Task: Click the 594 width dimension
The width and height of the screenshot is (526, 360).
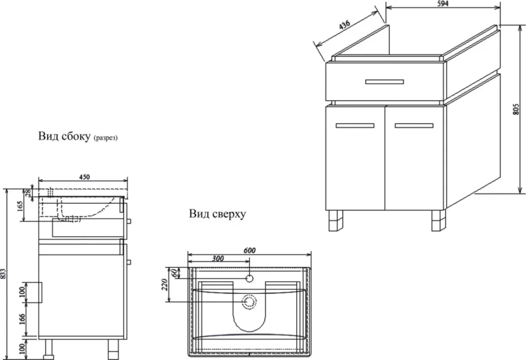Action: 443,4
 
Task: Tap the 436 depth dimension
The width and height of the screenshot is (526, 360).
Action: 344,25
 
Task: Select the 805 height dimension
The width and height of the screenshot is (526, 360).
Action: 516,110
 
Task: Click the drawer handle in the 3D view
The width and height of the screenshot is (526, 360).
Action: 384,81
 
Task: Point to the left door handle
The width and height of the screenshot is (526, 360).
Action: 355,125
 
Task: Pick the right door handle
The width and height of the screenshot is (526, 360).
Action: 414,125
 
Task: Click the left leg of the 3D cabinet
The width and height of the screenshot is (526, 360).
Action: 336,221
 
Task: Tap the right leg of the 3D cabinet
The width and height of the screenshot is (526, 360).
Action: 439,221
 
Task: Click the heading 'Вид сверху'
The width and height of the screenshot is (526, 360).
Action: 217,214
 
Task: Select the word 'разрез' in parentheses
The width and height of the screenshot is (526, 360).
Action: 106,138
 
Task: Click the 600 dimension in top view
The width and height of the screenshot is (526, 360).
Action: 249,250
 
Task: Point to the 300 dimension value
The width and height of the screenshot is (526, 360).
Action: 218,258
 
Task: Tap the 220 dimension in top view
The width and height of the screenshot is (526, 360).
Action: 164,285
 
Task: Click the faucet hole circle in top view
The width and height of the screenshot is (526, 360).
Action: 249,278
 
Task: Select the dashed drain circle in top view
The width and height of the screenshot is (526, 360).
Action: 249,301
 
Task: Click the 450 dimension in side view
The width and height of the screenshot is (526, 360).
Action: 84,177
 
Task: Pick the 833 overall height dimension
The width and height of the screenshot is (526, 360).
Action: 3,273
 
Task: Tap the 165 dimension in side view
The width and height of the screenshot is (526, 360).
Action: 20,206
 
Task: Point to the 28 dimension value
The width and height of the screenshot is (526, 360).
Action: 28,192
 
